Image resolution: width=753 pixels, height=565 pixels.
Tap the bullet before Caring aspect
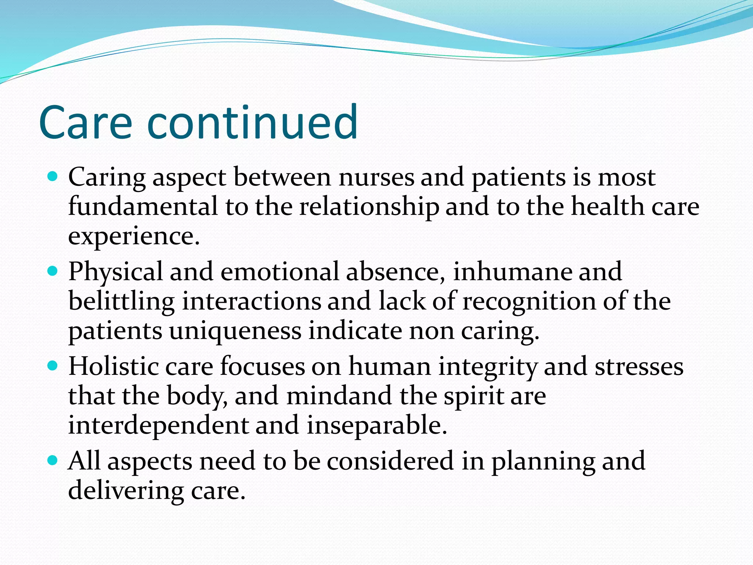click(53, 177)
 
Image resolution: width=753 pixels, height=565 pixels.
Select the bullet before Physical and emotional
click(53, 272)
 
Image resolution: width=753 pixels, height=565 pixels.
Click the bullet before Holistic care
click(53, 366)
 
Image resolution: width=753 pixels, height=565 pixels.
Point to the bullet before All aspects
click(53, 461)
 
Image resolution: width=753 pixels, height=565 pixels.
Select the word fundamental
click(143, 207)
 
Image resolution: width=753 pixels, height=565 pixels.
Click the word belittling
click(121, 302)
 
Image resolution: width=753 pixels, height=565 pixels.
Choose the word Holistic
click(113, 367)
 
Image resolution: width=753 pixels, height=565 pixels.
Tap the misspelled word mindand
click(339, 396)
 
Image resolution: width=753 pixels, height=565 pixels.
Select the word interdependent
click(158, 426)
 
